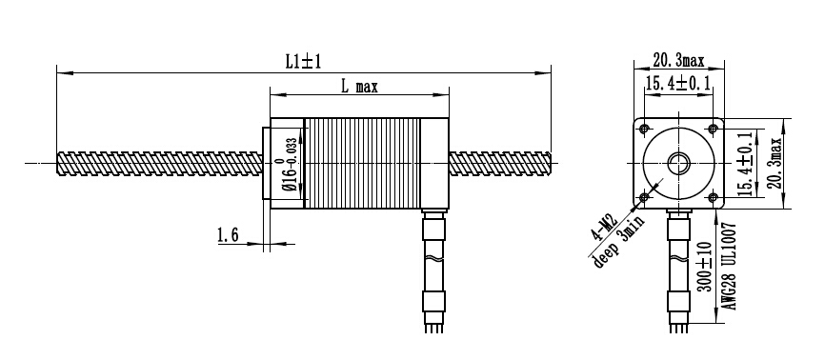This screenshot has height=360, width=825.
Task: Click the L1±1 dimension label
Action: (303, 62)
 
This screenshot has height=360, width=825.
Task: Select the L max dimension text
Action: (359, 87)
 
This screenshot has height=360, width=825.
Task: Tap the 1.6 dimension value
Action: (229, 234)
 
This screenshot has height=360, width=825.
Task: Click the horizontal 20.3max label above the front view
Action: (678, 61)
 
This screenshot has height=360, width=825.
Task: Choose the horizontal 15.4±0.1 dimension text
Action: (678, 83)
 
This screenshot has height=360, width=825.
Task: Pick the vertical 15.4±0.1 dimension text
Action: (743, 163)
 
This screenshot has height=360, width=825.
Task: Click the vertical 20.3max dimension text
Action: (774, 162)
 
